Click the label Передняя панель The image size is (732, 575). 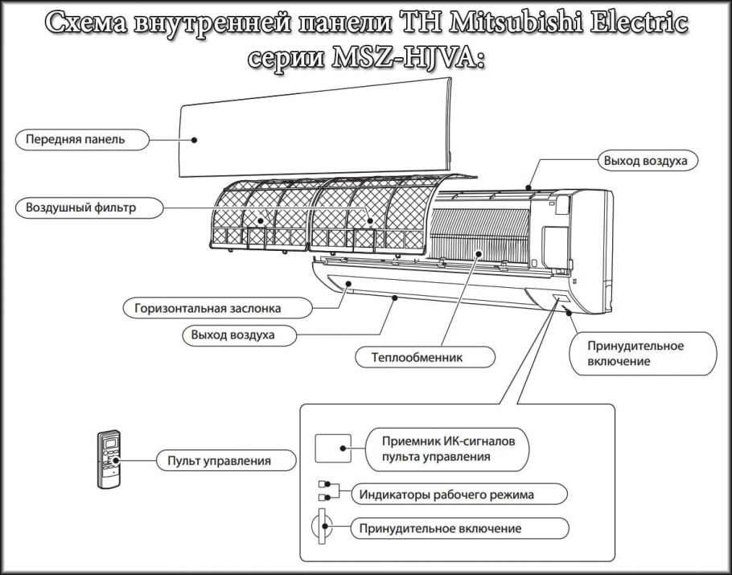tap(75, 139)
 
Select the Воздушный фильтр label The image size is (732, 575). tap(80, 208)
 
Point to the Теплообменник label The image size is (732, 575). tap(417, 355)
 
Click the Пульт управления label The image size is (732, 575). tap(219, 461)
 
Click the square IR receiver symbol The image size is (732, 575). tap(332, 449)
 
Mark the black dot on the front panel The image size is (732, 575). tap(194, 140)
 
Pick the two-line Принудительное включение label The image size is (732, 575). tap(635, 354)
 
